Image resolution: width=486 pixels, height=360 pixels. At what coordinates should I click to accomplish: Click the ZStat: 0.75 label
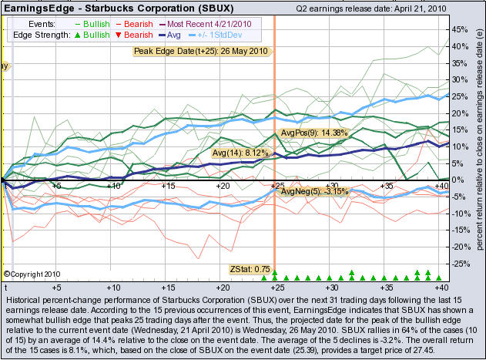[x=246, y=268]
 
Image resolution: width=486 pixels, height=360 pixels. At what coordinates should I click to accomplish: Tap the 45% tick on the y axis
[x=459, y=29]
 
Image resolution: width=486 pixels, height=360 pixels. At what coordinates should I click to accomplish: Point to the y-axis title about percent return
[x=478, y=146]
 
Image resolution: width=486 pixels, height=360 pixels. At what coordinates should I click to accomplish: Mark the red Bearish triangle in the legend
[x=127, y=36]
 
